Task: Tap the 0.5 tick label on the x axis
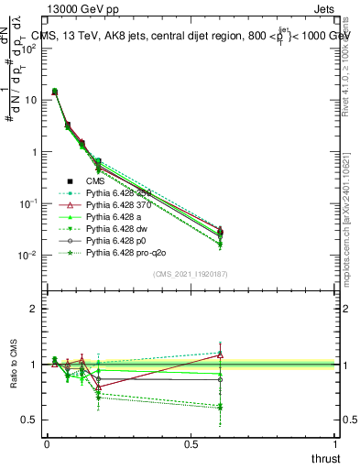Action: coord(191,444)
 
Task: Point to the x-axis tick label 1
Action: coord(336,444)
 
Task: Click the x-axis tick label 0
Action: coord(47,444)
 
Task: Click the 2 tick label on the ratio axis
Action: coord(34,309)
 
